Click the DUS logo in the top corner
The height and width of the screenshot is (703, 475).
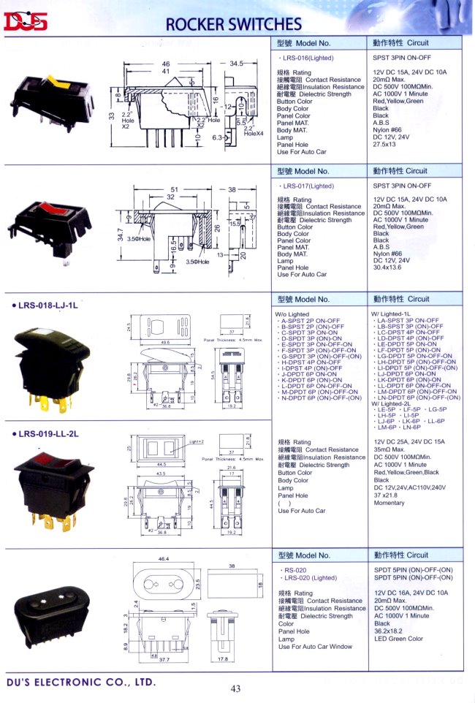click(x=26, y=23)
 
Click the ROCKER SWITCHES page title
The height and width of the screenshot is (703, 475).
click(x=233, y=24)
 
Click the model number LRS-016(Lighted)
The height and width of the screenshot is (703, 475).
click(x=307, y=56)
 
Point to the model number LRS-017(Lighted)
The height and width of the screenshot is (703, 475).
click(x=307, y=186)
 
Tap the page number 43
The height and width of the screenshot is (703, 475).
click(x=235, y=688)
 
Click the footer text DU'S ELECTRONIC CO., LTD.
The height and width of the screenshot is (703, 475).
click(x=80, y=682)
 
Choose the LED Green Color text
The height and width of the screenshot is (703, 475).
click(x=398, y=639)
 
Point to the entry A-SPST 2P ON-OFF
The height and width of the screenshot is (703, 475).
click(x=310, y=321)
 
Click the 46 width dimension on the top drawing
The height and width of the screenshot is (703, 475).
click(x=166, y=64)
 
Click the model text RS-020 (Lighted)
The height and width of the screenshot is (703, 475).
click(x=309, y=577)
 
